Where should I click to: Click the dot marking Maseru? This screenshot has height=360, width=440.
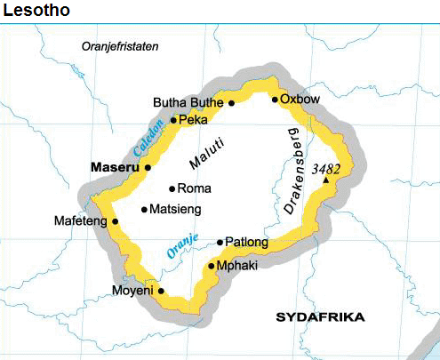click(x=148, y=167)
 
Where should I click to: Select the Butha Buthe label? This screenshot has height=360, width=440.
click(x=188, y=102)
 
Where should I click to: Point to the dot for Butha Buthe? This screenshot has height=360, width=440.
click(x=231, y=103)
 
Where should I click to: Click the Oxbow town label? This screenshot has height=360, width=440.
click(x=300, y=100)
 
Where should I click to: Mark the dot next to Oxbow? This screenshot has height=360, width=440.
click(x=275, y=100)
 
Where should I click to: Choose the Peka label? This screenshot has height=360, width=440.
click(x=193, y=119)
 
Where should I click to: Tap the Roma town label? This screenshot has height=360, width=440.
click(x=195, y=188)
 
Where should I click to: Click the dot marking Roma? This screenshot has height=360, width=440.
click(x=172, y=188)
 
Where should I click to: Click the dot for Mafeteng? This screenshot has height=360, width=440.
click(x=115, y=221)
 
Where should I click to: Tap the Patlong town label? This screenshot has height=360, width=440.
click(x=245, y=242)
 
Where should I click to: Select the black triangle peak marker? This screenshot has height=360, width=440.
click(x=326, y=180)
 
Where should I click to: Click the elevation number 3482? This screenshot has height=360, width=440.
click(x=326, y=167)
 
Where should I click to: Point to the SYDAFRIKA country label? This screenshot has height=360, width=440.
click(x=320, y=317)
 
